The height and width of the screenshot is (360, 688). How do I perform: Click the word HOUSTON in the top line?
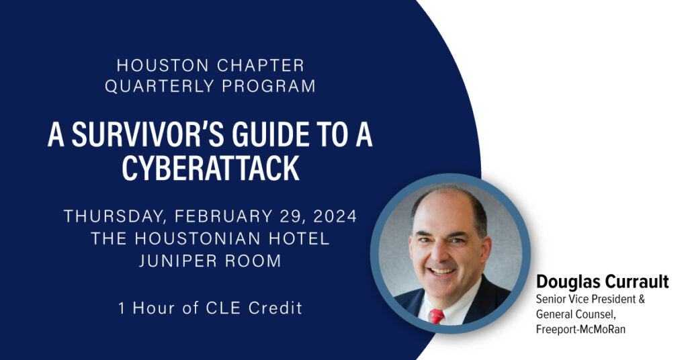(163, 65)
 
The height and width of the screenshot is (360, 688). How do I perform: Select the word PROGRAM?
(269, 86)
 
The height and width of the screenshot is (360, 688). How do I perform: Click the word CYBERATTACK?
(210, 168)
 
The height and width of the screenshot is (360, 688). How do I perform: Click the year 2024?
(335, 217)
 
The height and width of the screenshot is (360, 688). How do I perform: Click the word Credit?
(275, 308)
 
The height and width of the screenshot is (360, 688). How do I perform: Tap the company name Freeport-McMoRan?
(580, 329)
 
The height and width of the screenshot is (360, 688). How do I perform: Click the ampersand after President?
(642, 300)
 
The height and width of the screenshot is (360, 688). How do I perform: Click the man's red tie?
(437, 316)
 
